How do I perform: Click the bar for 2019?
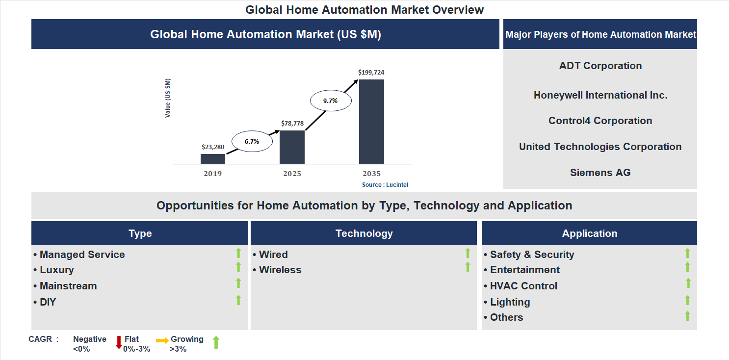213,158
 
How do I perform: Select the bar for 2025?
292,147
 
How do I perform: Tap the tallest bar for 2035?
371,121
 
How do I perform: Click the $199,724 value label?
371,72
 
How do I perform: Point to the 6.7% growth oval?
252,141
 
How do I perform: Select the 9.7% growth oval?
330,101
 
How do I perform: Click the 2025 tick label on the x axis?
292,174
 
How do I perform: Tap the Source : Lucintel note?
385,185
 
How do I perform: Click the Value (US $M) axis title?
168,98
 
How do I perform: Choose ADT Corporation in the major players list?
600,66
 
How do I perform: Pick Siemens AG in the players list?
600,173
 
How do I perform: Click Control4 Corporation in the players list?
600,121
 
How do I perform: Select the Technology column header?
364,233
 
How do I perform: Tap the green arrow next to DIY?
238,300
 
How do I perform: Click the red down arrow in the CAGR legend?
119,342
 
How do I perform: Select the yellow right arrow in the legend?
162,340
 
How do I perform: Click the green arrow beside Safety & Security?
687,253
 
